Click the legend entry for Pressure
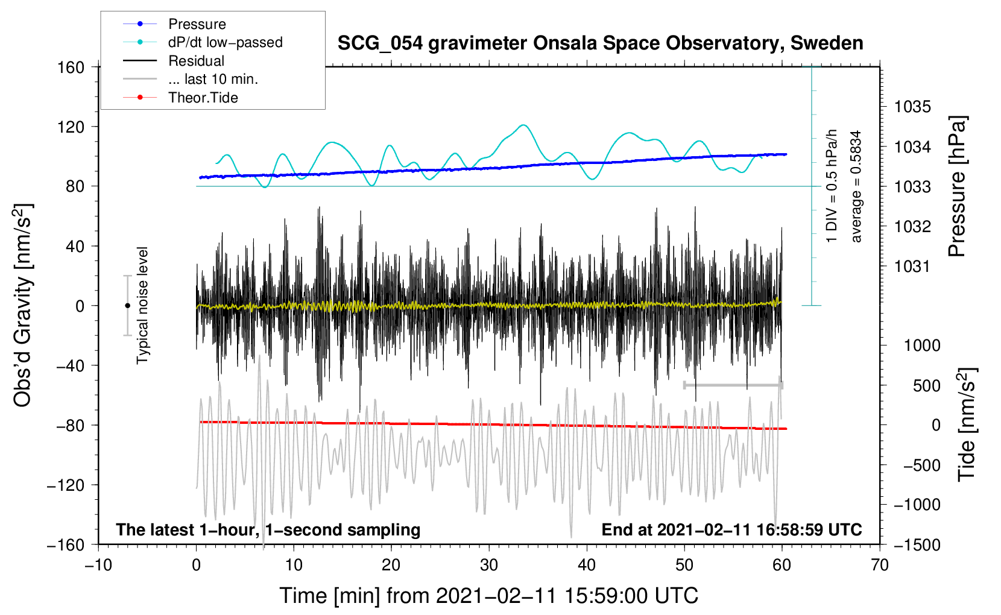[x=174, y=24]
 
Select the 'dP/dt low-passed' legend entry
[x=203, y=42]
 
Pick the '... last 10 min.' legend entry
[x=191, y=79]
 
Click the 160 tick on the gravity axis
[x=71, y=68]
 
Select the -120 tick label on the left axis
[x=66, y=485]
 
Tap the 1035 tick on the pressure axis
[x=912, y=107]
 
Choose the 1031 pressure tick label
[x=912, y=266]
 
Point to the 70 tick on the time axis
[x=879, y=565]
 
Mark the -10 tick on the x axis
[x=98, y=565]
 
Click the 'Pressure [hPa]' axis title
[x=957, y=186]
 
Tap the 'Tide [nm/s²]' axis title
[x=967, y=424]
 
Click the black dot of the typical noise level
[x=127, y=306]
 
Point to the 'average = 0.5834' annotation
[x=855, y=187]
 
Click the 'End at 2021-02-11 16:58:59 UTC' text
[x=731, y=529]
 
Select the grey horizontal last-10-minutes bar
[x=733, y=385]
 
